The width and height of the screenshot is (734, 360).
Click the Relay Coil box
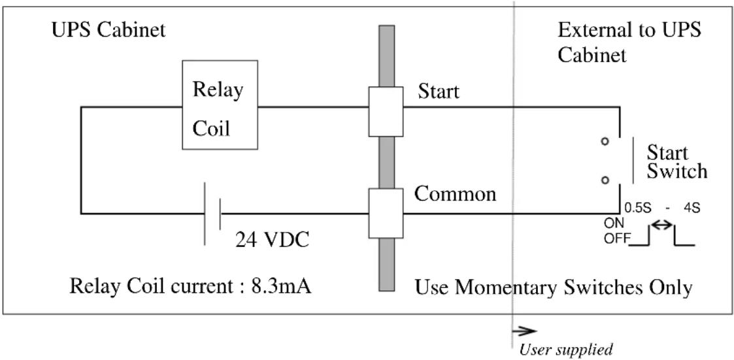pos(220,105)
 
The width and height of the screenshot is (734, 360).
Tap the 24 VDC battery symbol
pos(212,214)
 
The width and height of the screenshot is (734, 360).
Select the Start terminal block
pos(386,112)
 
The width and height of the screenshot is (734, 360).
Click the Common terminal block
pos(386,214)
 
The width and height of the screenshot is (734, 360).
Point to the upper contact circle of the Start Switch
pos(605,141)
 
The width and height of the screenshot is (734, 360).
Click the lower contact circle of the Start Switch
pos(605,180)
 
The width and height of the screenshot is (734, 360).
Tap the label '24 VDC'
pos(271,240)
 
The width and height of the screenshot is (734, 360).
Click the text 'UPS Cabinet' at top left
pos(108,31)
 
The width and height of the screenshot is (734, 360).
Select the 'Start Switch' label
pos(676,162)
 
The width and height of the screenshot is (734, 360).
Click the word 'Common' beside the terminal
pos(456,193)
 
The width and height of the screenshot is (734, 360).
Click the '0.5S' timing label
pos(638,208)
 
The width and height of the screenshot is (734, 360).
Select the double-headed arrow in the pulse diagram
pos(662,225)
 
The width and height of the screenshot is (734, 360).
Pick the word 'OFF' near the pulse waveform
pos(615,238)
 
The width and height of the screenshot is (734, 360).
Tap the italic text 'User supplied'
pos(566,350)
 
